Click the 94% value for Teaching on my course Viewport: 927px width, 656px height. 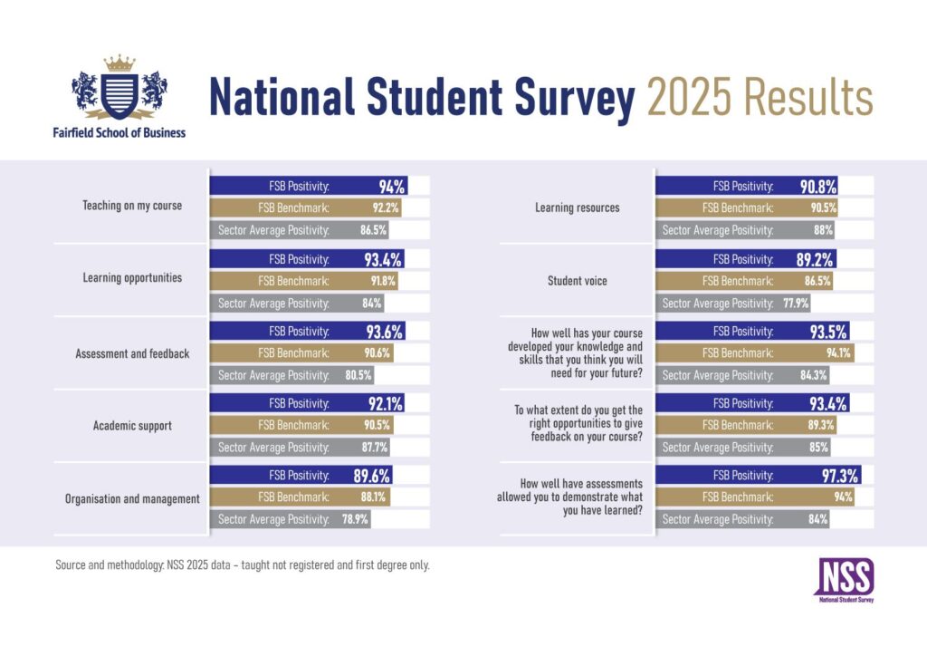(391, 187)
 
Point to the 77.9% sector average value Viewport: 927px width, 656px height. (794, 304)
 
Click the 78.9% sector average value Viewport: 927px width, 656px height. (352, 519)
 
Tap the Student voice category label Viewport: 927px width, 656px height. (578, 281)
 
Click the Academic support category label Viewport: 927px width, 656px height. (132, 426)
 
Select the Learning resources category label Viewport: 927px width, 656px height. (578, 207)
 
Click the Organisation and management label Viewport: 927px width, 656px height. (132, 498)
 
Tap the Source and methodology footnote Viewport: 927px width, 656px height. (242, 565)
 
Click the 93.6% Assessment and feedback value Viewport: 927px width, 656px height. (384, 332)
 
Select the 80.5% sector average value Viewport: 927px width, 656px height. (358, 375)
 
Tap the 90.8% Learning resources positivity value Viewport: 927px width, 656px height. (817, 187)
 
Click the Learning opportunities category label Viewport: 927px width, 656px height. (132, 278)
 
